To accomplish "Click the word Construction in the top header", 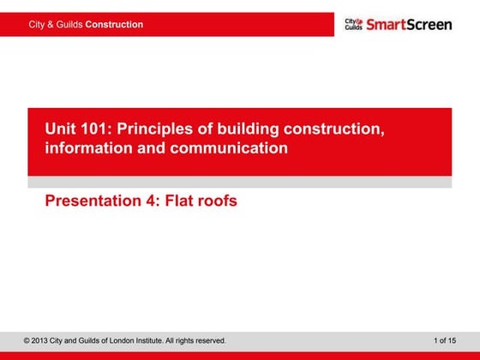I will [x=114, y=25].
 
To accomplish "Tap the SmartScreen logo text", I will [x=409, y=24].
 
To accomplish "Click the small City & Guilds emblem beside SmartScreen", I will [x=353, y=24].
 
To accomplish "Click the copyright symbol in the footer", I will [x=27, y=341].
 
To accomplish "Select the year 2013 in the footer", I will [x=42, y=341].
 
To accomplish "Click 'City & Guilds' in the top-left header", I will [x=56, y=25].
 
